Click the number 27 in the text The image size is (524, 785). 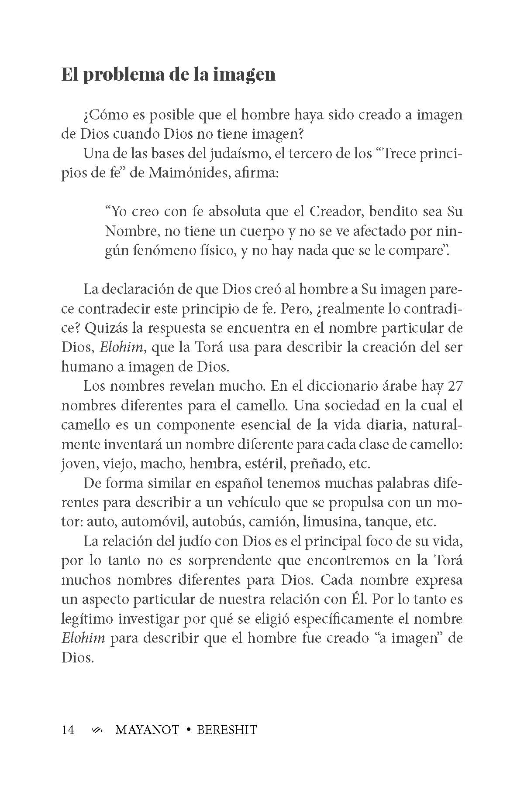coord(454,386)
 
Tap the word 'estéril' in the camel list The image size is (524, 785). coord(266,463)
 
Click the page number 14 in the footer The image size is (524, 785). coord(68,730)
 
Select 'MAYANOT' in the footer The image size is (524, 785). coord(147,730)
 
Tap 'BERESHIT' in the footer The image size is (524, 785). coord(227,730)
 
